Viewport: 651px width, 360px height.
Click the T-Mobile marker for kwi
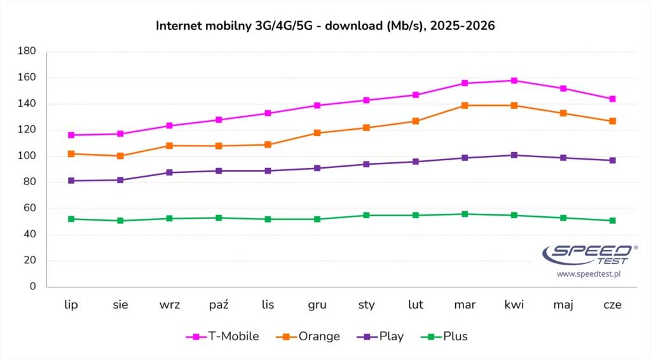point(514,81)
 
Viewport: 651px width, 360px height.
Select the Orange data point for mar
point(465,106)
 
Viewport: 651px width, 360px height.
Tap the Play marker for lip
point(71,181)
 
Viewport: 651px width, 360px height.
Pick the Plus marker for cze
point(612,221)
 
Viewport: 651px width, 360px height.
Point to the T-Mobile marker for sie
point(120,134)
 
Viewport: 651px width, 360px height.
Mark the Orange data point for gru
point(317,133)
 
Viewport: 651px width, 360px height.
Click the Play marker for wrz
point(169,172)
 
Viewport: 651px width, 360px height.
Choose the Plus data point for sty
point(366,215)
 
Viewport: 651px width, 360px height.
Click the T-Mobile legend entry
point(223,336)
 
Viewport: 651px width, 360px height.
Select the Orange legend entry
point(308,336)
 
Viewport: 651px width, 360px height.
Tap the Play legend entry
point(380,336)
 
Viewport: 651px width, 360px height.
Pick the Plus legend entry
point(444,336)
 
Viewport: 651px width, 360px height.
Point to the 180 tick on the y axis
point(27,51)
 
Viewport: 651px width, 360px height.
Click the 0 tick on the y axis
point(33,286)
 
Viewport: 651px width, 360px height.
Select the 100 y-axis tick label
point(27,156)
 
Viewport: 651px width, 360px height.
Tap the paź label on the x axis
point(219,305)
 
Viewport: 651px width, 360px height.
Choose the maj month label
point(563,305)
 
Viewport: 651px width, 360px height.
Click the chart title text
point(325,25)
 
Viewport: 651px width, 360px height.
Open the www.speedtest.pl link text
point(589,274)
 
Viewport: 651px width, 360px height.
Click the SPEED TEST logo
point(589,254)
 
